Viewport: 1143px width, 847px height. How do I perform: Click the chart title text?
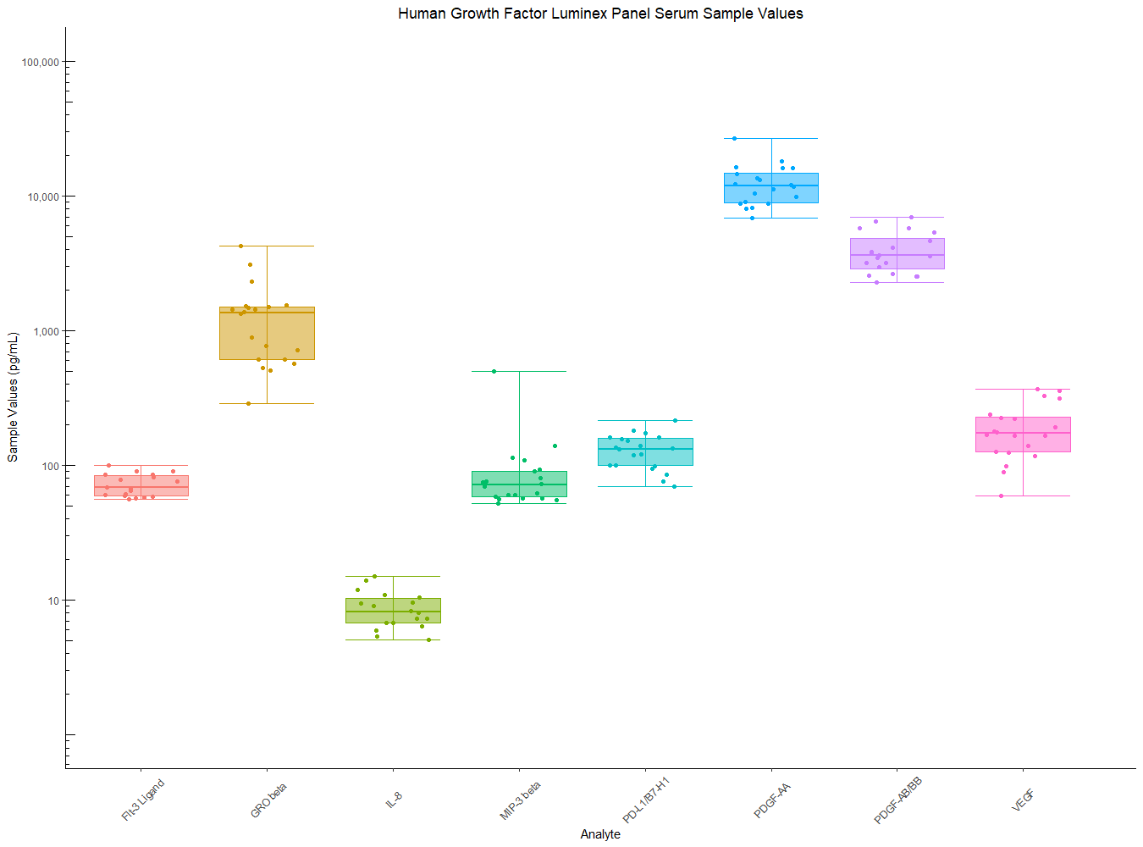600,14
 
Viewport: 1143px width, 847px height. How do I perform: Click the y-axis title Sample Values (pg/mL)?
13,397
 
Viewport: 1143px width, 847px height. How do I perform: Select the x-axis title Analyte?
600,834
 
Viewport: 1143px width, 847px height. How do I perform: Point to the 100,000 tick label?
41,62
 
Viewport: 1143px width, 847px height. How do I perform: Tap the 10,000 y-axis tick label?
43,197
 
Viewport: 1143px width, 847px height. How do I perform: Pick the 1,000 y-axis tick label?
46,331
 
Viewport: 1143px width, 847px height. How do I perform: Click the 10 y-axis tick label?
53,601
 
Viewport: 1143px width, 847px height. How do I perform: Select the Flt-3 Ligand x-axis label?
143,800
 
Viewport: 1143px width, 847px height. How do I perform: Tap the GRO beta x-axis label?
269,800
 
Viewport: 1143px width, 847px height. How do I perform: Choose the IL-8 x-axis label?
394,799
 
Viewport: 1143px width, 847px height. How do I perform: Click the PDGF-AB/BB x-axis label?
897,800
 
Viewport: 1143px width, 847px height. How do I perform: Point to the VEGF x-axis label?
1023,800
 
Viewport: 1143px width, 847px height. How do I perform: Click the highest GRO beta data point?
240,246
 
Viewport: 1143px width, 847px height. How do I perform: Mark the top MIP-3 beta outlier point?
494,371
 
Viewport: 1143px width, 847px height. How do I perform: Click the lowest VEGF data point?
1001,495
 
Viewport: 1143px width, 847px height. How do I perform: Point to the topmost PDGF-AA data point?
735,138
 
